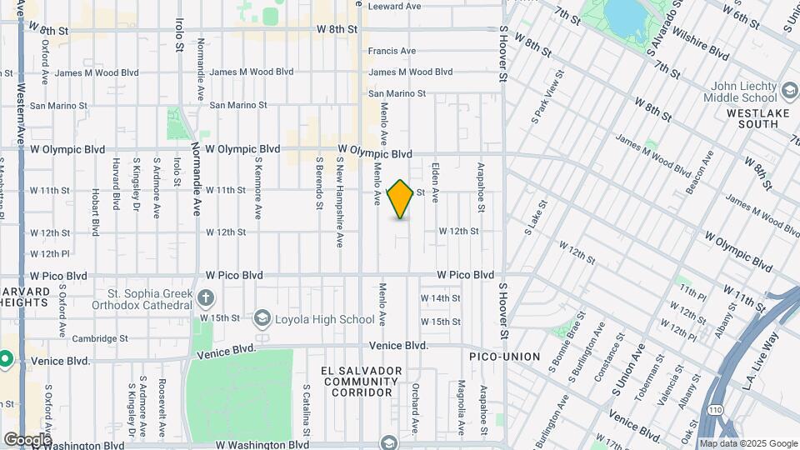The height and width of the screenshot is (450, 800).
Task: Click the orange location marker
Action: point(401,199)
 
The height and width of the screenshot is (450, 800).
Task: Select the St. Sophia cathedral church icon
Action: point(206,297)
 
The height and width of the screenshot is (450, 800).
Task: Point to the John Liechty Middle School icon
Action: point(788,88)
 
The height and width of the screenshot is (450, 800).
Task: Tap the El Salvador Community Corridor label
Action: point(360,381)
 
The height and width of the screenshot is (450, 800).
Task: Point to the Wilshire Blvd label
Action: point(702,47)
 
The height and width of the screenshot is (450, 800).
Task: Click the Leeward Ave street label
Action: point(395,7)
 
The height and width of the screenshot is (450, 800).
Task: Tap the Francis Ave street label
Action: point(392,52)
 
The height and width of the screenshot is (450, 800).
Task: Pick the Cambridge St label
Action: point(99,339)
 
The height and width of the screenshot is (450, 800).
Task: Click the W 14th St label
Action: point(440,298)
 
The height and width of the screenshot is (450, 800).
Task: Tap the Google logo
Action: point(27,440)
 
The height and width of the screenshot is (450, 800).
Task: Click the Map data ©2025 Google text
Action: point(748,443)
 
